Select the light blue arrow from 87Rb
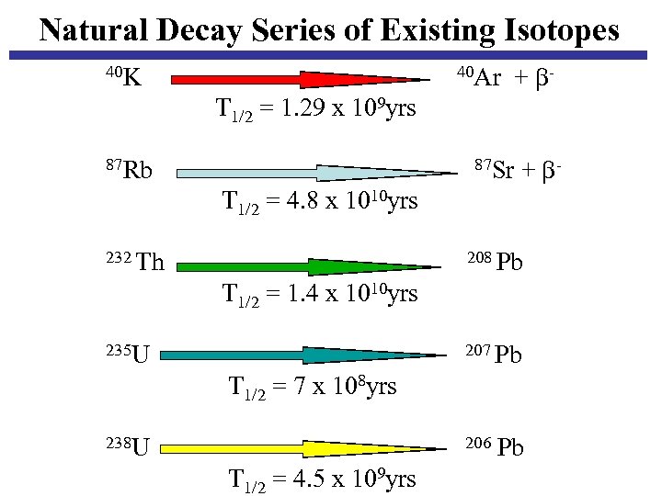click(313, 173)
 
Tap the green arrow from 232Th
click(308, 267)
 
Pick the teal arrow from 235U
click(308, 355)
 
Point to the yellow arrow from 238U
click(308, 449)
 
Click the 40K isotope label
click(123, 77)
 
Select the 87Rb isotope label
click(129, 170)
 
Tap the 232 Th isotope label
click(135, 263)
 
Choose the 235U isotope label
click(128, 352)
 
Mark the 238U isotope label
click(128, 447)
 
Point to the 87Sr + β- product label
click(518, 170)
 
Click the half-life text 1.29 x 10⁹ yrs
click(315, 109)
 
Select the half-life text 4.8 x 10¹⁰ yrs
click(320, 200)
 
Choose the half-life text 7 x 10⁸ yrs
click(312, 386)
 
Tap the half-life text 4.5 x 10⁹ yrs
click(321, 479)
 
